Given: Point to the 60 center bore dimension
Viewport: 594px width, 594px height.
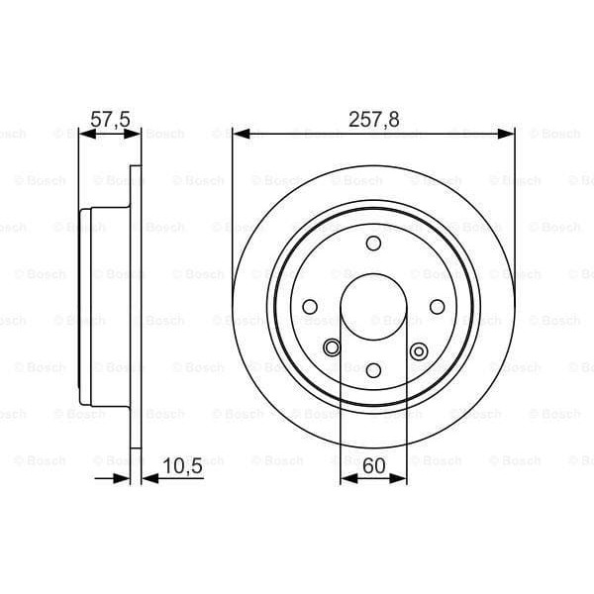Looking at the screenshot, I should click(x=373, y=464).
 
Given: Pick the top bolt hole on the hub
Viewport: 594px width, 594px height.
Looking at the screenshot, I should click(x=373, y=244).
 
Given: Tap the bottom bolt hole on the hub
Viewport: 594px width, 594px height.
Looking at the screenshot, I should click(x=373, y=369).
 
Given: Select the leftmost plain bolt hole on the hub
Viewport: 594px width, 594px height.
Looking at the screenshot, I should click(x=310, y=306).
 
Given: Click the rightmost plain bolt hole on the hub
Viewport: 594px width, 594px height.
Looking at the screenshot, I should click(x=437, y=306).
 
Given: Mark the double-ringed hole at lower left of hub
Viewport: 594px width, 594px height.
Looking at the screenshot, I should click(x=332, y=346).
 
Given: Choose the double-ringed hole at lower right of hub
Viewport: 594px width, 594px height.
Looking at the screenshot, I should click(x=417, y=348).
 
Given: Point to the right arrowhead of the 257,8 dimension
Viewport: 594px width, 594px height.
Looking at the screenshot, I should click(x=508, y=135).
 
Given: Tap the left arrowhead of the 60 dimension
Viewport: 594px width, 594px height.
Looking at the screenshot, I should click(x=346, y=479).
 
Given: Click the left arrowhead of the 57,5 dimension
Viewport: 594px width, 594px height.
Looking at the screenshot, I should click(x=83, y=135).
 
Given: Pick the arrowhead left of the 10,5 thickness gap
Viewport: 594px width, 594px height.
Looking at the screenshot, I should click(x=123, y=479).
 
